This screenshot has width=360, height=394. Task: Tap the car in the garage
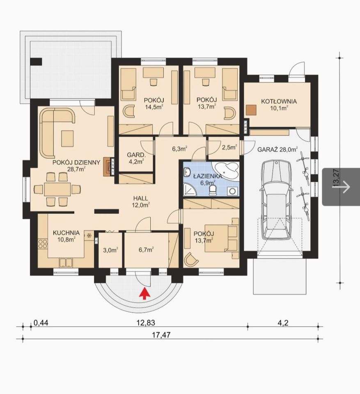(276, 200)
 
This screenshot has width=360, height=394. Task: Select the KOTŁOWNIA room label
(279, 101)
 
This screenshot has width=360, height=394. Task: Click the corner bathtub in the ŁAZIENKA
(225, 170)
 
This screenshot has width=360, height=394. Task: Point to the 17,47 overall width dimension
(161, 335)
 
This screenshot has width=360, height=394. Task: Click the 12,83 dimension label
(146, 323)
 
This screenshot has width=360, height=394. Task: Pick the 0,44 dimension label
(41, 323)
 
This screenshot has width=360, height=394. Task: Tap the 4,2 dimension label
(283, 323)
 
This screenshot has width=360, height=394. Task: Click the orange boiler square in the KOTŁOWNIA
(251, 110)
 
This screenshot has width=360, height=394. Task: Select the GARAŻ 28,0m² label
(277, 150)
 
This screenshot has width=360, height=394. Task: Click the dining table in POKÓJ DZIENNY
(57, 189)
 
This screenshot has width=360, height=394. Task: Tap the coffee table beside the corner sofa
(67, 138)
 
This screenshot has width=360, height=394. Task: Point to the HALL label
(141, 199)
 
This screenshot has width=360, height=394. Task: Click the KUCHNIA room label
(66, 233)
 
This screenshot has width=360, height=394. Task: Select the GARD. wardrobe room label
(136, 155)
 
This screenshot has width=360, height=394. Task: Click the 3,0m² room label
(110, 250)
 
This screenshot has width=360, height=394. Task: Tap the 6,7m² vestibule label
(146, 250)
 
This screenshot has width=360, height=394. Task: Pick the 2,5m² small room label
(229, 147)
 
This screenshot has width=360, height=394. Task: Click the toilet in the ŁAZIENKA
(213, 190)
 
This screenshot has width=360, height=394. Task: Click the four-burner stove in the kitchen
(42, 244)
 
